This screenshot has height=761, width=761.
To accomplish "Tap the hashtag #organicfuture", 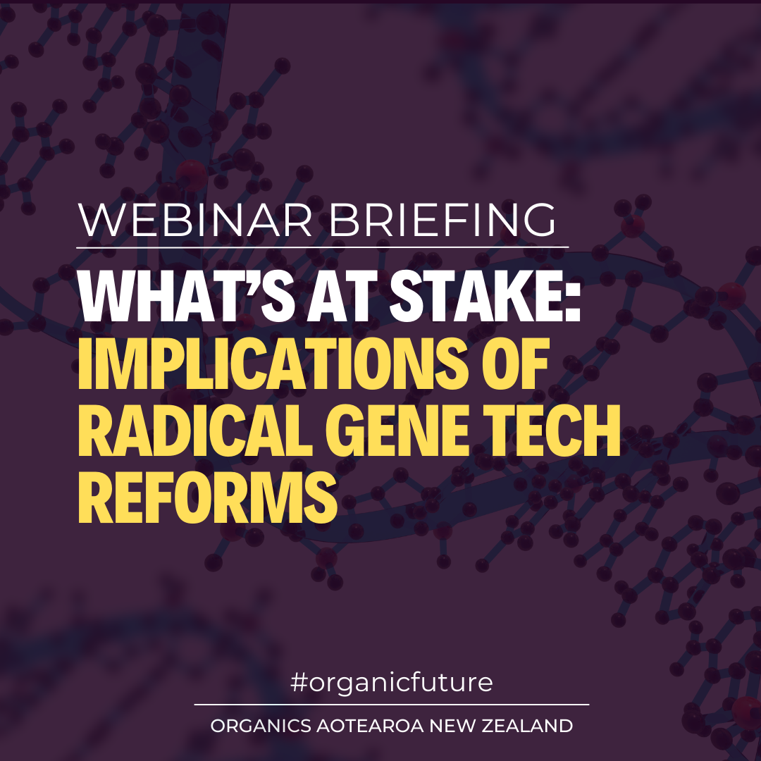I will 392,683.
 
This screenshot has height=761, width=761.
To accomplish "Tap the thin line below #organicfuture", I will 392,704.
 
